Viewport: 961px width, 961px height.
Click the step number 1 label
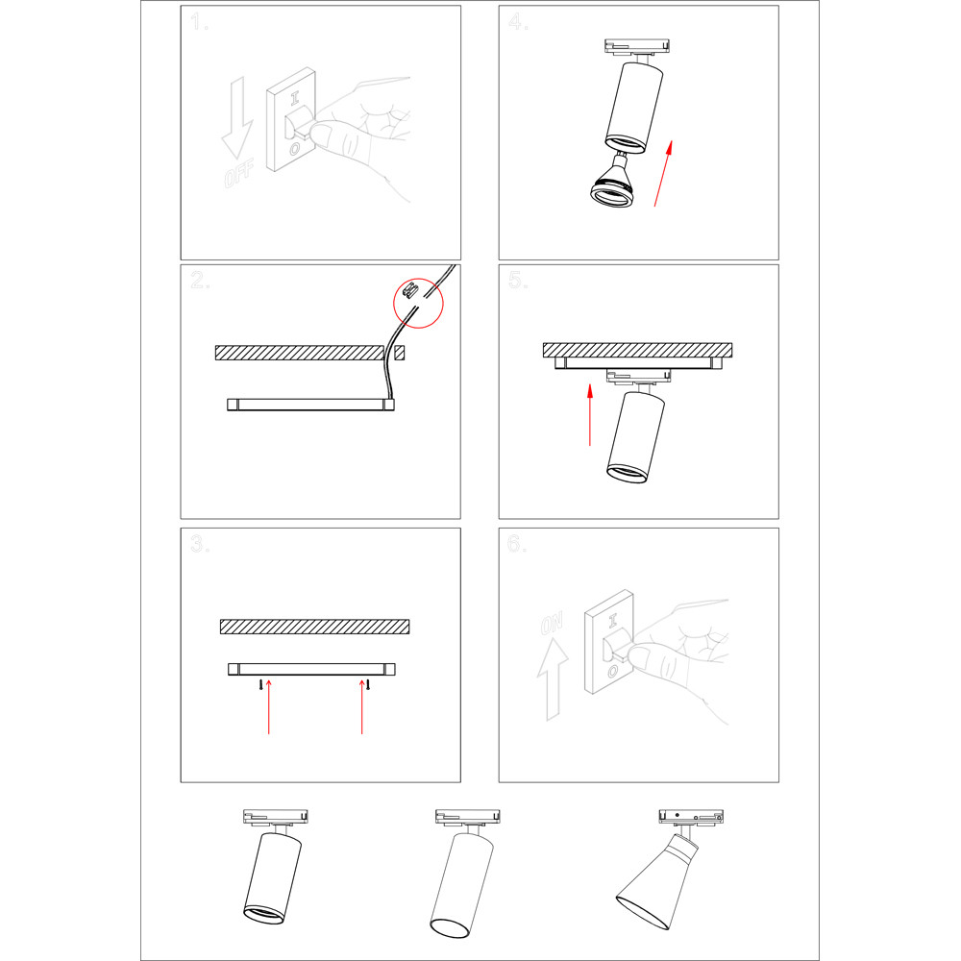coord(199,21)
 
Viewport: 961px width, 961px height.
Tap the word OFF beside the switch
coord(239,173)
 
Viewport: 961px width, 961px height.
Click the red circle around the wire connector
coord(418,303)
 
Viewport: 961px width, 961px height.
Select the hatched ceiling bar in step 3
coord(315,627)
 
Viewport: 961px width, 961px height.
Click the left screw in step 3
coord(261,684)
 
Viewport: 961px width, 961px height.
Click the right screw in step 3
coord(368,684)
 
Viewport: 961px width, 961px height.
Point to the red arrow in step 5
coord(590,415)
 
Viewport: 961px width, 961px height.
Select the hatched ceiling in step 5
coord(637,351)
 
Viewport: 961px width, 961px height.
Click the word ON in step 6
coord(552,624)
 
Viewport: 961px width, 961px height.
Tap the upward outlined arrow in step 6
coord(553,679)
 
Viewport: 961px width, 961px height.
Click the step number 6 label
coord(517,543)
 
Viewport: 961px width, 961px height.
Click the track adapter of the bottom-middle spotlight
coord(468,817)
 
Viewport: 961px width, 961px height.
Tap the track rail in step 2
coord(310,405)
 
